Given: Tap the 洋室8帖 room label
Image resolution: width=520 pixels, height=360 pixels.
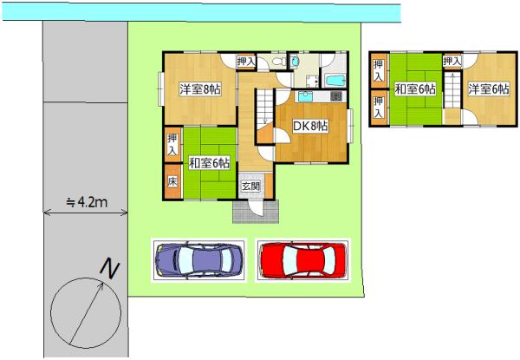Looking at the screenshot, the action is coord(200,89).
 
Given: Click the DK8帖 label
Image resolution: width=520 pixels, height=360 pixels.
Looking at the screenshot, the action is coord(310,126).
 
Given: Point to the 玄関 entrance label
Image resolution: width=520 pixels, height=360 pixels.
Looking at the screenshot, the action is coord(250,187).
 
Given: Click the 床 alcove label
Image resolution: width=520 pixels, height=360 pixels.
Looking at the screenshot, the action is coord(172,181).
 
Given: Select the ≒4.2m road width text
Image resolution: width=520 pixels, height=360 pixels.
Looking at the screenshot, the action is coord(87,201).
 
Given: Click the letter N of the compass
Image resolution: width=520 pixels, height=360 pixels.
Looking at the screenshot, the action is coord(110,269).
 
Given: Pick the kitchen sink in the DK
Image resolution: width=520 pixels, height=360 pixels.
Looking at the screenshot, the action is coord(305,96).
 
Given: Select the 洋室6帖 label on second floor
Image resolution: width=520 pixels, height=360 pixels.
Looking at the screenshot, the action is coord(489,89).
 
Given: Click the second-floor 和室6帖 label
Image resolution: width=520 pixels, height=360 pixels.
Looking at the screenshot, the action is coord(415,89).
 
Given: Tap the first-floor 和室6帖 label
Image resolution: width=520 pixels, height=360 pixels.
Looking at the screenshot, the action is coord(209,163).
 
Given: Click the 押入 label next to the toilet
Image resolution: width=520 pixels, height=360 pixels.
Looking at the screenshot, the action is coord(246,62).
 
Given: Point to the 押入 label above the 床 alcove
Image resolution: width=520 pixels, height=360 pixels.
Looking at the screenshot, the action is coord(172,145).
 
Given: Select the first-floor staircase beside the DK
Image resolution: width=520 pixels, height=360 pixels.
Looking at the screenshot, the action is coord(264,107).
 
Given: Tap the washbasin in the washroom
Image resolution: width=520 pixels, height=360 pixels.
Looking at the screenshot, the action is coord(295,61).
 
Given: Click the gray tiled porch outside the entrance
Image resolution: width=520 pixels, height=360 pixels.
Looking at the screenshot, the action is coord(256,212).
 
